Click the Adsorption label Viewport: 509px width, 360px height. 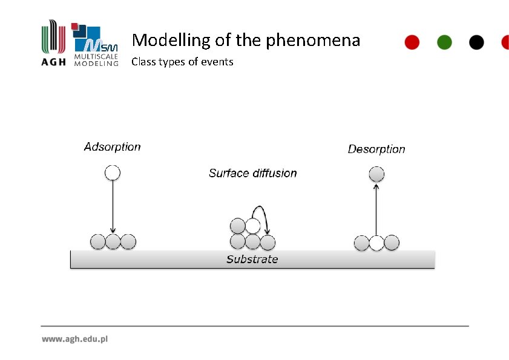point(112,147)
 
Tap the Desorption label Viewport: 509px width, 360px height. point(376,149)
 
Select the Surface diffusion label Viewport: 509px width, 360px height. point(252,174)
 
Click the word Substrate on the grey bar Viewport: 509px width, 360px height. point(252,260)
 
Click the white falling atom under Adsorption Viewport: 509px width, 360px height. point(113,173)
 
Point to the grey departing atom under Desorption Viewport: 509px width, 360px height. point(376,175)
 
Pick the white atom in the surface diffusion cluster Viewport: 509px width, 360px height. point(253,226)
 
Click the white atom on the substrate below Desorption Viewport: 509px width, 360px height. point(376,243)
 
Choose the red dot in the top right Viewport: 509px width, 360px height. point(412,42)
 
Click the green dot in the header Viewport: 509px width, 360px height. point(444,42)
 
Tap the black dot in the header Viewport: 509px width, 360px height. point(477,42)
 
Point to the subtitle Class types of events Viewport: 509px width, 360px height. point(182,62)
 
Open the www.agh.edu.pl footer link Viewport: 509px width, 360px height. point(74,339)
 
